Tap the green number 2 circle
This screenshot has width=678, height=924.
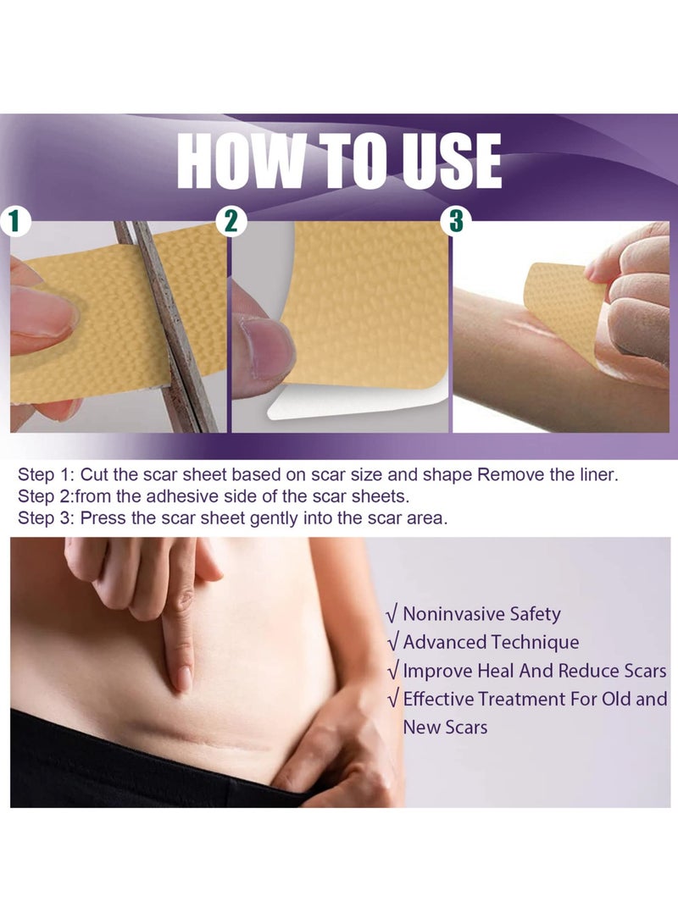point(230,222)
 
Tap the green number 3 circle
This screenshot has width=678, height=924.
point(456,222)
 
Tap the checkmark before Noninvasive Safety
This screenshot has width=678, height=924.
point(392,614)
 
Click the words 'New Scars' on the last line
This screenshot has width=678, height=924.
point(445,727)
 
